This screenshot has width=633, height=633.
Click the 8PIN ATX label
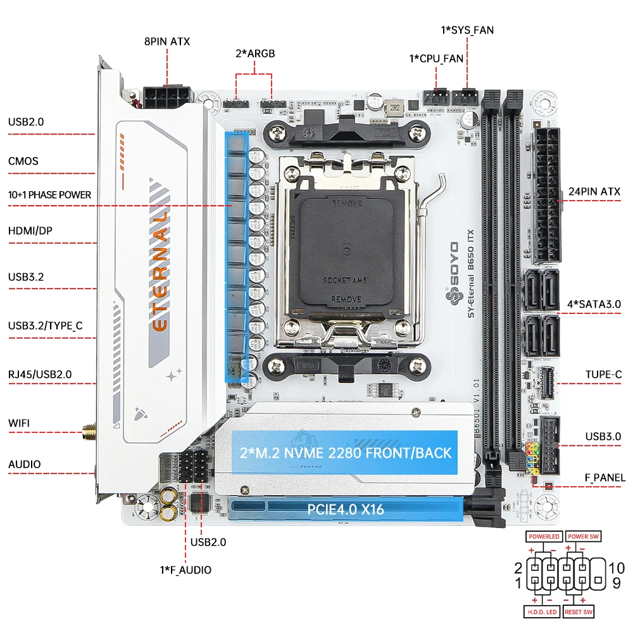click(x=167, y=42)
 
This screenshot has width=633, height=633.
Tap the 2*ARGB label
click(x=255, y=53)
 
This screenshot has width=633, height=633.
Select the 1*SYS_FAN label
click(x=467, y=29)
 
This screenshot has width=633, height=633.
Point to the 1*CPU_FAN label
click(x=436, y=58)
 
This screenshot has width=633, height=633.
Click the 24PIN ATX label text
click(x=594, y=191)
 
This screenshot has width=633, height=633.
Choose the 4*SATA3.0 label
click(x=594, y=304)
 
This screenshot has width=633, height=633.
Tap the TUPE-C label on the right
click(x=603, y=375)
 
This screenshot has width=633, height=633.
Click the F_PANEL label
click(x=604, y=477)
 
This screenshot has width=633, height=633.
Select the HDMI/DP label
click(x=30, y=231)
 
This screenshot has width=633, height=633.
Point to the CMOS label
click(x=23, y=161)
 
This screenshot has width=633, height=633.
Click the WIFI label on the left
click(x=19, y=423)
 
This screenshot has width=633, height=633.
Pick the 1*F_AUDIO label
click(x=185, y=570)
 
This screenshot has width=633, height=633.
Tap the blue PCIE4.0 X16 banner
click(x=346, y=509)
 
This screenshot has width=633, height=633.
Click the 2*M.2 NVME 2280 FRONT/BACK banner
click(x=345, y=452)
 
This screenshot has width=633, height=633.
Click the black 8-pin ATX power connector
click(x=168, y=97)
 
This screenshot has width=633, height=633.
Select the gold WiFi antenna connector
click(x=89, y=434)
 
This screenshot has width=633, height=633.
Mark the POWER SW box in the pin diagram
click(x=583, y=536)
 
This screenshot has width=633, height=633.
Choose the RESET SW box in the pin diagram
click(x=579, y=611)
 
